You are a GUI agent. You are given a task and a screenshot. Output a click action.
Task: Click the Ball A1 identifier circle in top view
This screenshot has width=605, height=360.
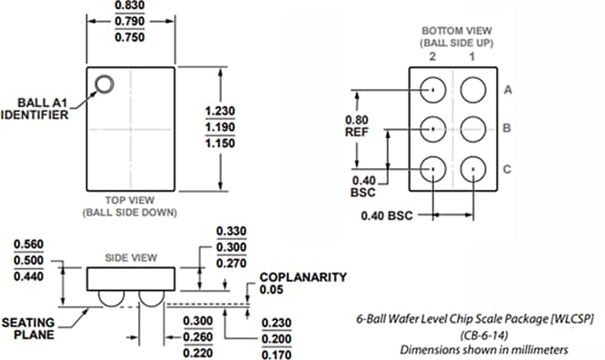pyautogui.click(x=104, y=85)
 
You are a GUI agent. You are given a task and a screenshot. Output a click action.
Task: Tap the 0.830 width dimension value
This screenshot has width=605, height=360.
pyautogui.click(x=130, y=7)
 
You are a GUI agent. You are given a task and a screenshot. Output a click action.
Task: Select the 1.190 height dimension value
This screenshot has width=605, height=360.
pyautogui.click(x=219, y=127)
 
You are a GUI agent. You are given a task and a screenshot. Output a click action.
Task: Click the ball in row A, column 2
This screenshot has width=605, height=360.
pyautogui.click(x=433, y=90)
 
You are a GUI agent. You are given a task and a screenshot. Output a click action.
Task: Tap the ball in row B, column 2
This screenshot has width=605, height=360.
pyautogui.click(x=433, y=129)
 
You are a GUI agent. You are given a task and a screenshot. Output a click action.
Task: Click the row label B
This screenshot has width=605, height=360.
pyautogui.click(x=508, y=129)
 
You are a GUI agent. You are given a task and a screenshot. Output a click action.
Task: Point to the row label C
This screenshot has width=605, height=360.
pyautogui.click(x=508, y=169)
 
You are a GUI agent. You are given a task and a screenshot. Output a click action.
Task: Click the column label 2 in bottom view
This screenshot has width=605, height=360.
pyautogui.click(x=433, y=56)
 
